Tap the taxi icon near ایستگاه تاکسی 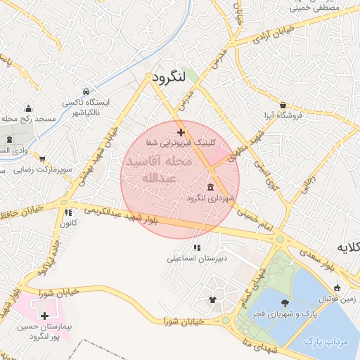click(x=85, y=91)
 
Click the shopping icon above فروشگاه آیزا click(x=283, y=103)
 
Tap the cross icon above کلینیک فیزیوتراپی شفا click(x=181, y=131)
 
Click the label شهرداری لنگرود click(x=209, y=198)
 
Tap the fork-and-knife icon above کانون click(x=68, y=212)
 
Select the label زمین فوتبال click(x=336, y=299)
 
